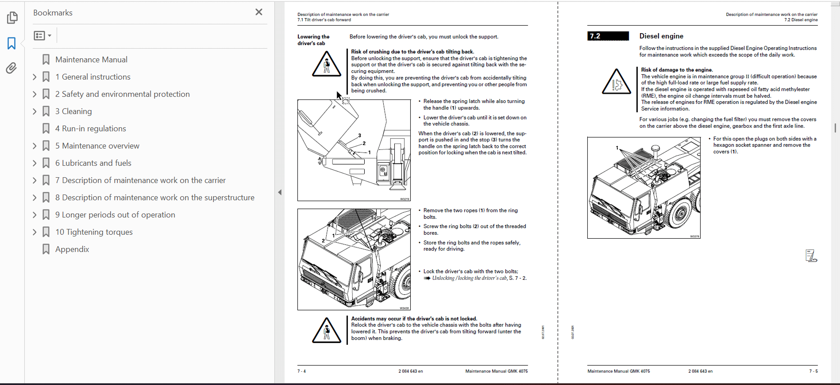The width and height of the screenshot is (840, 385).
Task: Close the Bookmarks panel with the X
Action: pos(259,12)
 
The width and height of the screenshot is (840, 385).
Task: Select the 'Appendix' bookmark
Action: pos(72,249)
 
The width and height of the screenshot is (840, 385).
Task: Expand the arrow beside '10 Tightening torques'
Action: pos(35,232)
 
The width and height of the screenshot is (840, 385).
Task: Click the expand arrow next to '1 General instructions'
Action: pos(35,77)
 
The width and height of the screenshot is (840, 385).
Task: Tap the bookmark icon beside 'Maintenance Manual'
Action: pos(46,60)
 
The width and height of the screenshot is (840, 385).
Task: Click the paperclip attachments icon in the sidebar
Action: pos(12,68)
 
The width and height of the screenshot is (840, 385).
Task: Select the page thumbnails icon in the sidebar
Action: pos(12,18)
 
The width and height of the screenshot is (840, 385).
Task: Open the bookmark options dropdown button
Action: pos(42,35)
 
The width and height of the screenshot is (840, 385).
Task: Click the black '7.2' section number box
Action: pos(608,36)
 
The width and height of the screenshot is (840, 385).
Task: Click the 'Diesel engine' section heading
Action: pos(661,36)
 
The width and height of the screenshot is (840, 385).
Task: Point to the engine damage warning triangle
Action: pos(616,82)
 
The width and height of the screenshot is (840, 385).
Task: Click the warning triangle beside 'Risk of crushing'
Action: pos(327,65)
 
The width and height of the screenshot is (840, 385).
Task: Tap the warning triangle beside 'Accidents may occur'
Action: pos(327,331)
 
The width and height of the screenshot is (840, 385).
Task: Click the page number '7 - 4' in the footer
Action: pos(301,371)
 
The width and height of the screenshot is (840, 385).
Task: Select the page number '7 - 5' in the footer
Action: pos(813,371)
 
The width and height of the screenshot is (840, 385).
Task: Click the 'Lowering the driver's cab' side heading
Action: pos(313,40)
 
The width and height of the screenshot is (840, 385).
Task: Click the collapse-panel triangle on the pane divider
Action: pos(280,192)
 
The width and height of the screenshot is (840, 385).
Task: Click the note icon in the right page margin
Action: pos(811,256)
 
